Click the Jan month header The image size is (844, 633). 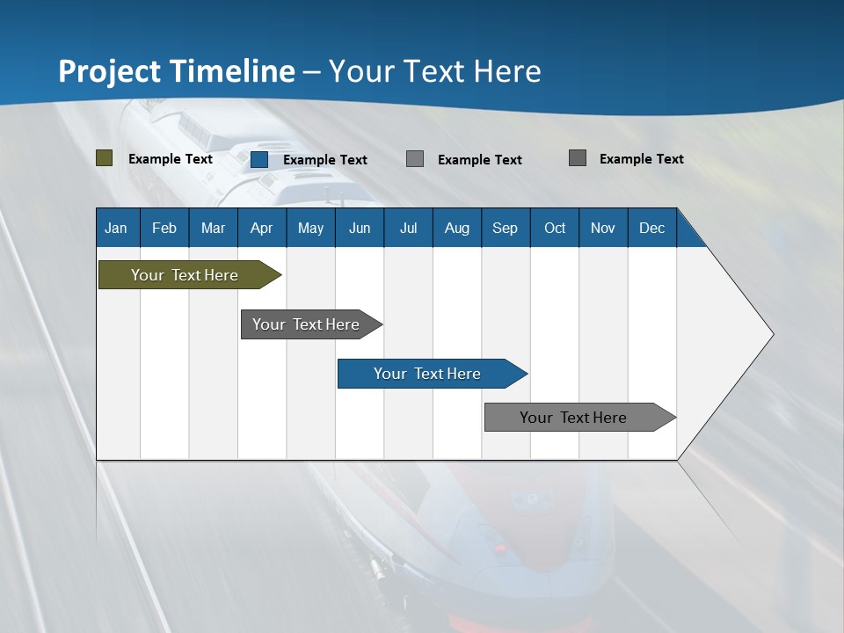pyautogui.click(x=116, y=228)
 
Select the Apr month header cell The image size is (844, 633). pyautogui.click(x=261, y=228)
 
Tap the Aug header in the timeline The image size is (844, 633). pyautogui.click(x=456, y=228)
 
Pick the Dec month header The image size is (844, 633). pyautogui.click(x=651, y=228)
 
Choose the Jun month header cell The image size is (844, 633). pyautogui.click(x=359, y=228)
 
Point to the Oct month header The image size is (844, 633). pyautogui.click(x=554, y=228)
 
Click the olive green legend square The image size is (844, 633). pyautogui.click(x=105, y=158)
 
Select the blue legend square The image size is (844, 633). pyautogui.click(x=259, y=159)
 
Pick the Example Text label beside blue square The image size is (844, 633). pyautogui.click(x=324, y=160)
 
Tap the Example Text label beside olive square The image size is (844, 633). pyautogui.click(x=170, y=159)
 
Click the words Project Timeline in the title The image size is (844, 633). pyautogui.click(x=176, y=71)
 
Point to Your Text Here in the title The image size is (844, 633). pyautogui.click(x=434, y=71)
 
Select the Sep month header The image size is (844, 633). pyautogui.click(x=505, y=228)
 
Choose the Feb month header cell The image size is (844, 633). pyautogui.click(x=164, y=228)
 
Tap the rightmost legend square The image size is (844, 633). pyautogui.click(x=578, y=158)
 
